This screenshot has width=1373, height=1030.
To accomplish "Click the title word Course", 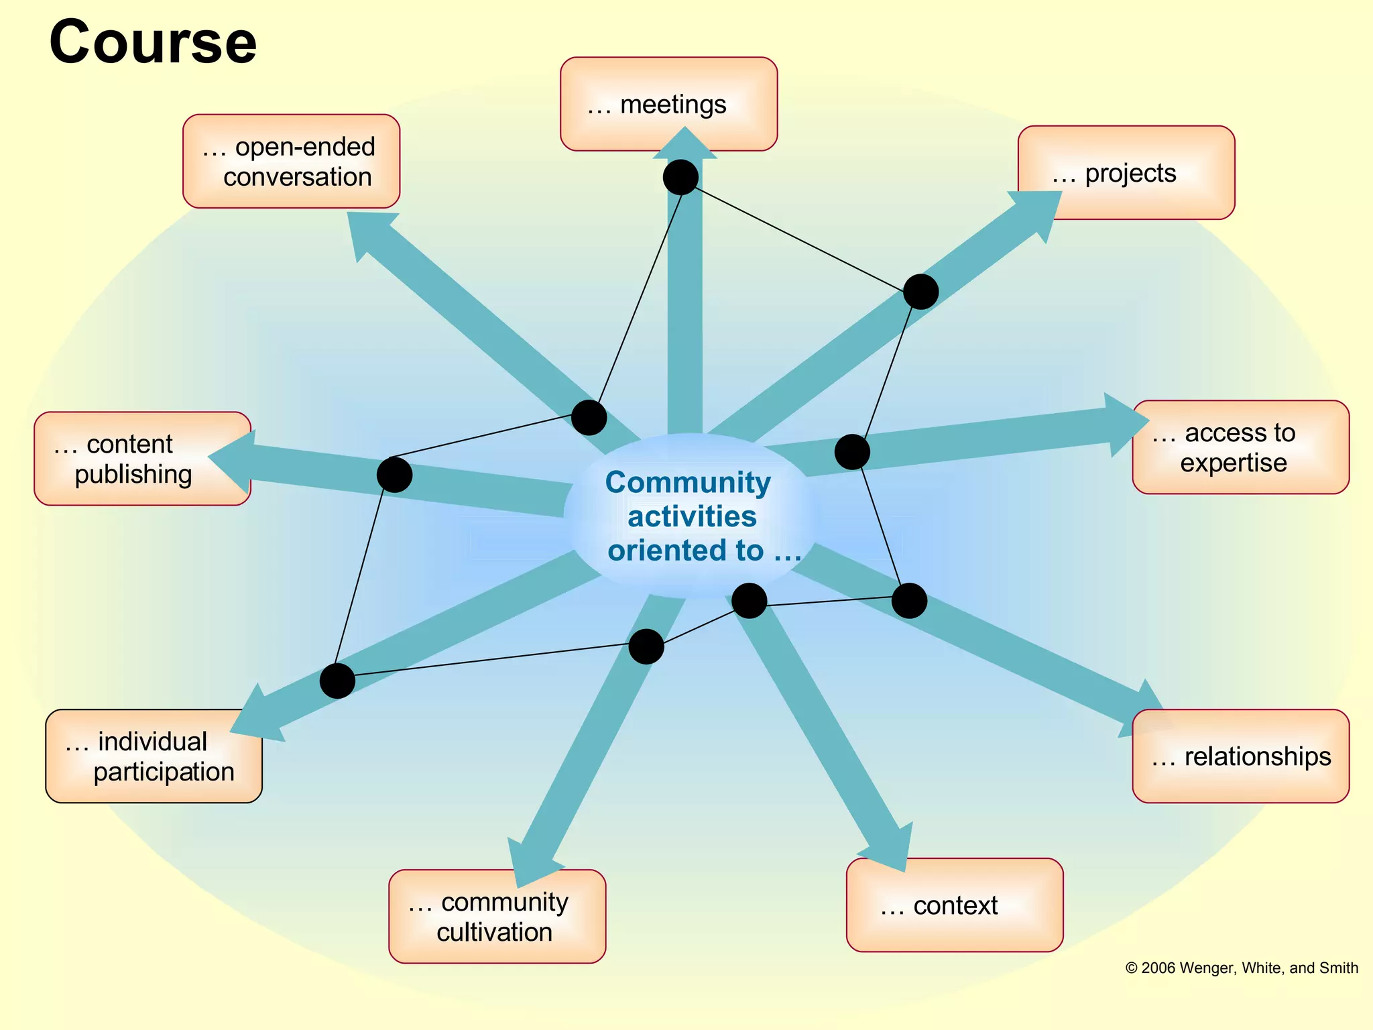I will coord(153,42).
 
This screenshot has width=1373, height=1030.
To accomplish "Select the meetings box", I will coord(668,103).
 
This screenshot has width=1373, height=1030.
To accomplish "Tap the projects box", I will coord(1126,172).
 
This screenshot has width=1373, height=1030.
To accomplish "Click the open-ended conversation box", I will coord(291,161).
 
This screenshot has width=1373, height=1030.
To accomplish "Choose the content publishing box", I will coord(142,459).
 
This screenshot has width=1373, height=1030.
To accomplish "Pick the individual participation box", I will coord(154,756).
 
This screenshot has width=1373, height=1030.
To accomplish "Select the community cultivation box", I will coord(497,916).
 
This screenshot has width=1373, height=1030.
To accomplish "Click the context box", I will coord(955,905).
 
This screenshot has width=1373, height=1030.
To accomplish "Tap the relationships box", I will coord(1240,756).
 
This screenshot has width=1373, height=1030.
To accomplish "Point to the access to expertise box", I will coord(1240,447).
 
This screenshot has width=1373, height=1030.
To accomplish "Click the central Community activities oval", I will coord(691,516).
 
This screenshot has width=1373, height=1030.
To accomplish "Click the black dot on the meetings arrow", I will coord(680,178).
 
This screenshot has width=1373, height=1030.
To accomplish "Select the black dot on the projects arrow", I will coord(920,292).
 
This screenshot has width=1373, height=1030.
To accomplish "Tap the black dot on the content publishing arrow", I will coord(394,475).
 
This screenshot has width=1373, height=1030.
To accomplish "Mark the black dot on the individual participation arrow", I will coord(337,681).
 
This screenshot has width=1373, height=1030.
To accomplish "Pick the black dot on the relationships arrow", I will coord(909,600).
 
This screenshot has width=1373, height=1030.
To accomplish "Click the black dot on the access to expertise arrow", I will coord(852,452).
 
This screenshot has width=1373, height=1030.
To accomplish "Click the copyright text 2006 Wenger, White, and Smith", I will coord(1241,968).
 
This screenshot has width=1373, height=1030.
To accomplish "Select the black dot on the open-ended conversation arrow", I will coord(589,418).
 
